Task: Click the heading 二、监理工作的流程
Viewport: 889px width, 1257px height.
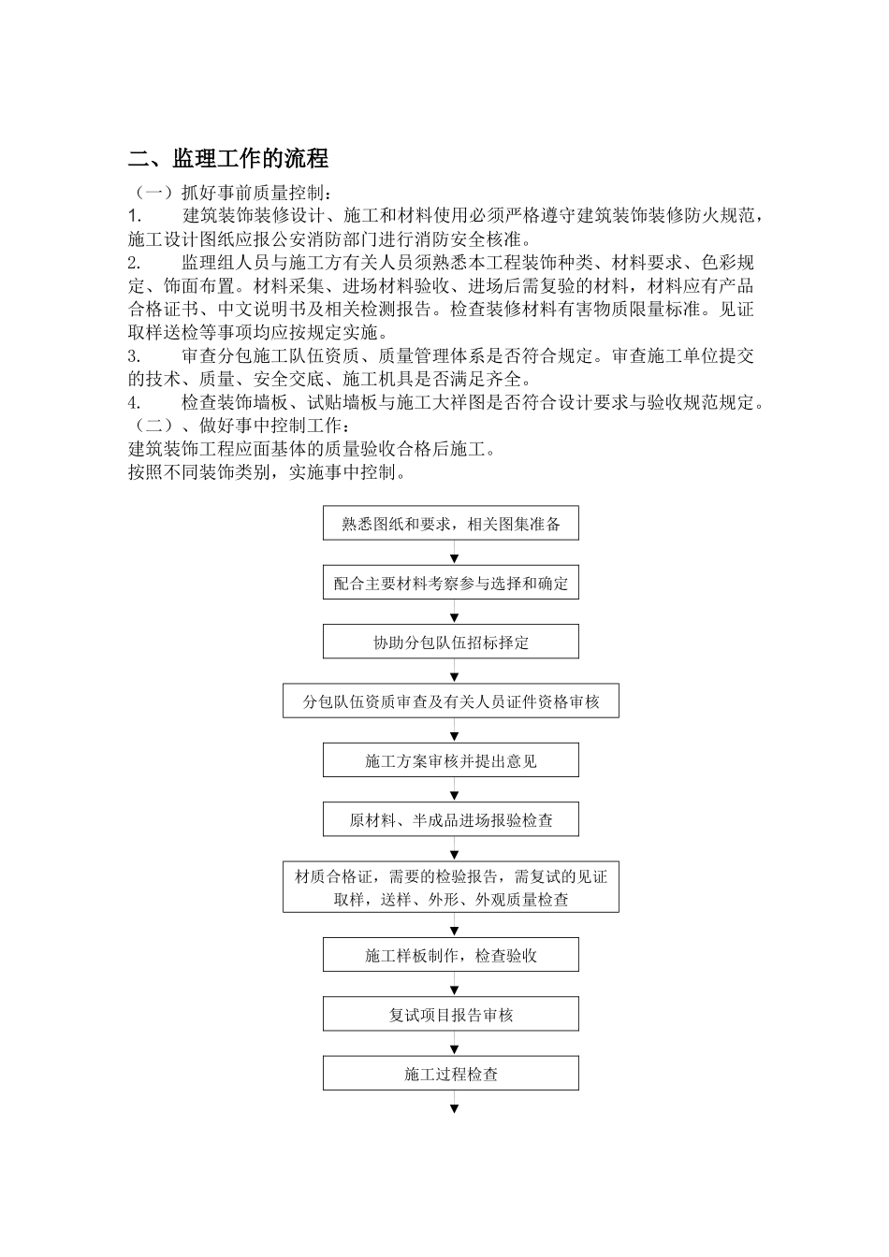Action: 228,158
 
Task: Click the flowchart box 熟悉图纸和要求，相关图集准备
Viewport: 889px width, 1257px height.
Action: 451,524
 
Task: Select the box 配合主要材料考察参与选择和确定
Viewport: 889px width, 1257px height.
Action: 451,583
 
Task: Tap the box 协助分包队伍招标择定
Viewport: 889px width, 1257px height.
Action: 451,643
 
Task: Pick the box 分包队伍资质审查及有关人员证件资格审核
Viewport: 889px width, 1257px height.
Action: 451,701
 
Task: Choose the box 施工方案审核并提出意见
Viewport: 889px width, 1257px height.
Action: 451,760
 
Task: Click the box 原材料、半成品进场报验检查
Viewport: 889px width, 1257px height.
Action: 451,820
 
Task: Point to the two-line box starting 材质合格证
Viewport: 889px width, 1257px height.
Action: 451,888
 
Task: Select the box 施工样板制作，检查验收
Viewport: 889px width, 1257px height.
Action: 451,955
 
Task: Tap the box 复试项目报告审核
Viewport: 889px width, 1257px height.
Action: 451,1014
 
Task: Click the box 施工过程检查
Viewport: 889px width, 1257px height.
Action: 451,1074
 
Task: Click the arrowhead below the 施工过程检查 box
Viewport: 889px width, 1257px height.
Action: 455,1109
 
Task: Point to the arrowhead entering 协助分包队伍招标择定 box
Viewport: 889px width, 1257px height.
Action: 455,618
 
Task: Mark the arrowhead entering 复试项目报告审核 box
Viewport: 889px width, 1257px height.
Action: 455,990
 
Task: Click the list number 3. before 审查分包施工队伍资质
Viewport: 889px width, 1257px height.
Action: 135,356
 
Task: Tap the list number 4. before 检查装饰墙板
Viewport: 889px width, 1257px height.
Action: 135,403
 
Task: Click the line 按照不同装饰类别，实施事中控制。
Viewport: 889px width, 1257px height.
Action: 268,472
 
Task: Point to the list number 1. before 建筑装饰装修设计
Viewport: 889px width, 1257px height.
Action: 134,216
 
